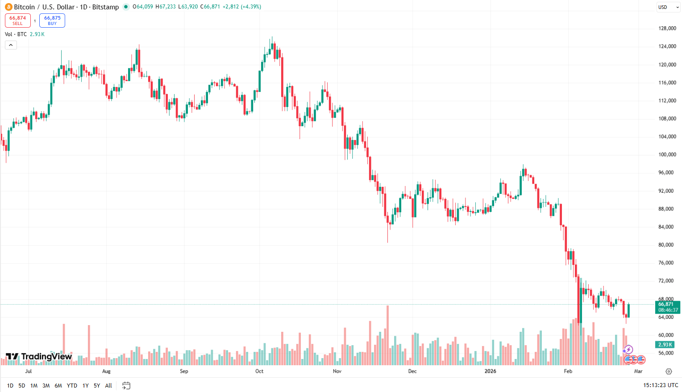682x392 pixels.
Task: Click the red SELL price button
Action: pos(18,21)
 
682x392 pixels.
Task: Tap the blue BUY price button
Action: pos(52,21)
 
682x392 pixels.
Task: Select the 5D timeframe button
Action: pos(22,385)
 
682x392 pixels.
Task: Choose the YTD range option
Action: pos(72,385)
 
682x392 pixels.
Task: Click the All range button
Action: pos(108,385)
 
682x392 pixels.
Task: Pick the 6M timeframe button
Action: pos(58,385)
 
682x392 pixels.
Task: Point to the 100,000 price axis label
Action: pos(667,155)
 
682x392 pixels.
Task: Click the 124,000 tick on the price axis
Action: pos(667,46)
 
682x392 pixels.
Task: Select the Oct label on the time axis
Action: pos(259,371)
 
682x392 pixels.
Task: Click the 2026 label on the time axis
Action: pos(490,371)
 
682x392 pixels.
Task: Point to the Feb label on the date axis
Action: pos(568,371)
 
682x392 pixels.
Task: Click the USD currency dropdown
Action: pos(668,7)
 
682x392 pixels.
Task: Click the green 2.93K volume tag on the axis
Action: pos(665,345)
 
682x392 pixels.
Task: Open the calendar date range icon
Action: pos(126,385)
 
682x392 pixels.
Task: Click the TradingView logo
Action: pos(38,356)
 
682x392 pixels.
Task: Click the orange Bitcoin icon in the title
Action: pos(8,7)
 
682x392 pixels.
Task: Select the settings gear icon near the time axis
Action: pos(669,371)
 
